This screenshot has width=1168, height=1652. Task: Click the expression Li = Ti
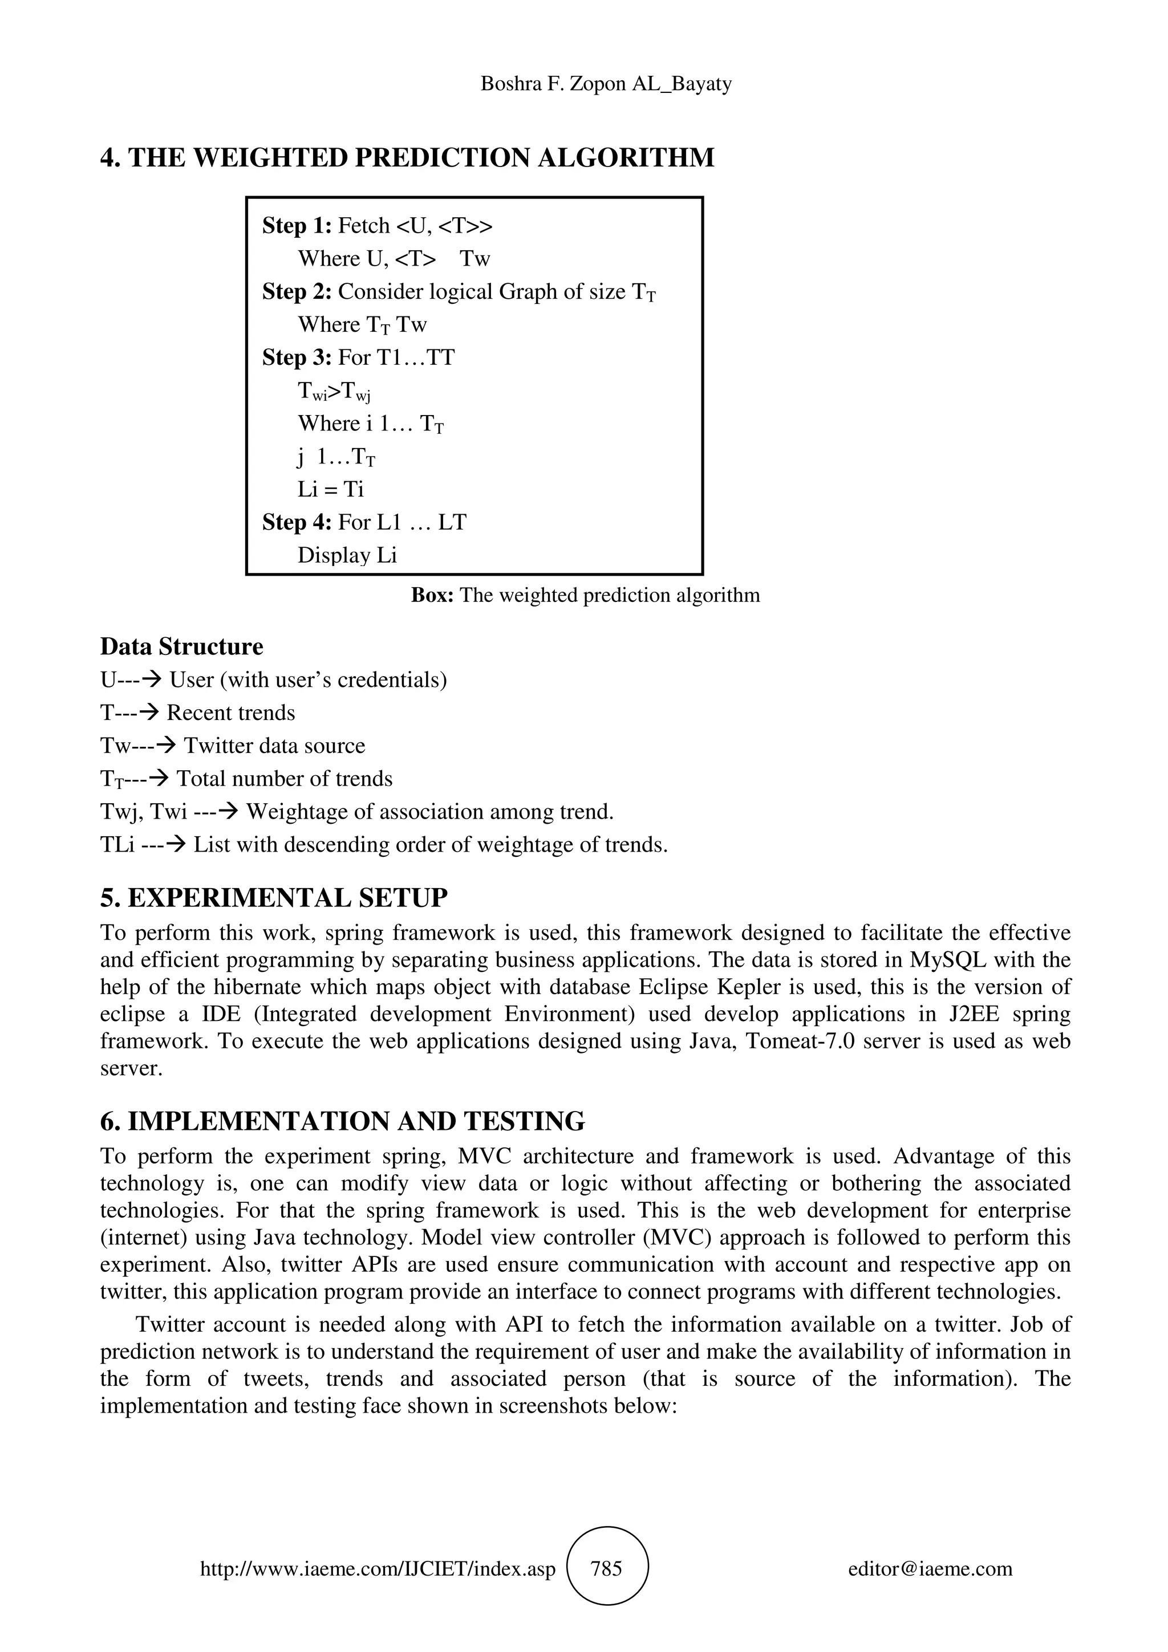click(x=331, y=489)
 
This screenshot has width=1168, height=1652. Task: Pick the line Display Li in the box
click(x=347, y=555)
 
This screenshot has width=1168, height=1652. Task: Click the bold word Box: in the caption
click(x=432, y=595)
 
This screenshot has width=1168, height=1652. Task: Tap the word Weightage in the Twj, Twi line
click(x=295, y=812)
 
